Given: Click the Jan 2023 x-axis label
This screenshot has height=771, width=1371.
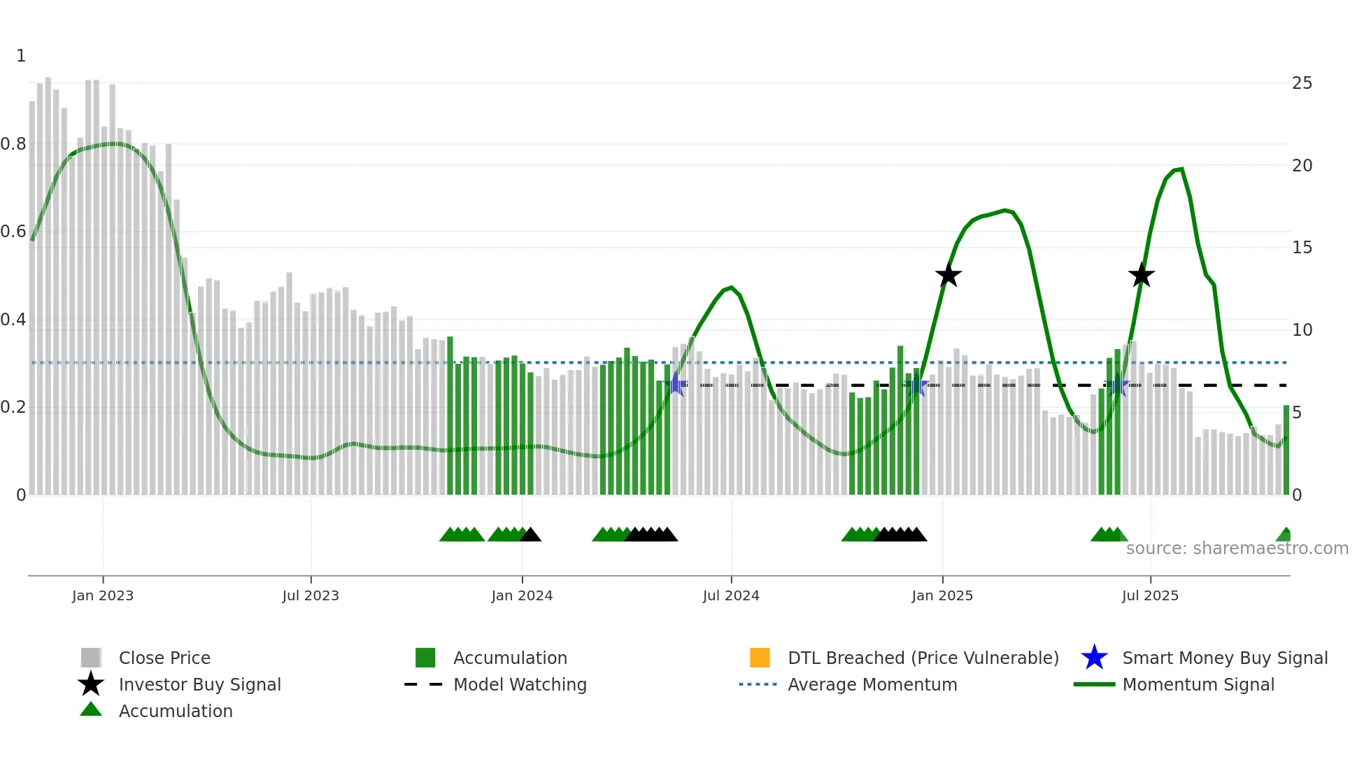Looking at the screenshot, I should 102,595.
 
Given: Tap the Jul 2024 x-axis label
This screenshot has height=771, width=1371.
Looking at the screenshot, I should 730,595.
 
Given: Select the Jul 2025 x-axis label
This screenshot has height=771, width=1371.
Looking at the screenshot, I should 1149,595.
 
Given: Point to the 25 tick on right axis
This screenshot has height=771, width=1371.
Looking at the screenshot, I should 1302,83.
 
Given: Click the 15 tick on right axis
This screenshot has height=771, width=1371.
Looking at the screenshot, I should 1302,248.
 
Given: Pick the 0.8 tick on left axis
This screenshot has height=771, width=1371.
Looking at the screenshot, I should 13,144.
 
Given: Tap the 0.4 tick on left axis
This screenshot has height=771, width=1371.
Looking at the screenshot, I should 13,320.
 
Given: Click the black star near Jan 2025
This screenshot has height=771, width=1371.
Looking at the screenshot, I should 949,276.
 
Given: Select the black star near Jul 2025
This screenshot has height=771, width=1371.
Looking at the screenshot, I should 1141,276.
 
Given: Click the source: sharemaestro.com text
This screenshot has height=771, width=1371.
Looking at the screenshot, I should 1237,549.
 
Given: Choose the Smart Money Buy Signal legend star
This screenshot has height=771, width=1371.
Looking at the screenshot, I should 1094,658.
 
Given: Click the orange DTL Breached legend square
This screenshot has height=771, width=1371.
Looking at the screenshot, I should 760,658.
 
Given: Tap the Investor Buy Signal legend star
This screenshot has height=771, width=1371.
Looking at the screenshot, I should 91,684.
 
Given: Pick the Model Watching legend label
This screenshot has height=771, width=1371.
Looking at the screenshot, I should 520,684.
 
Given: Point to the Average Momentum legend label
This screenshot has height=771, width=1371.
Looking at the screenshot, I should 872,684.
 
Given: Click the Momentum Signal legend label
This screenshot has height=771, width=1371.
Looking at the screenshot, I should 1198,684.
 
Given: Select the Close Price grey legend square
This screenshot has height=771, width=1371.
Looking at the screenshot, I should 91,658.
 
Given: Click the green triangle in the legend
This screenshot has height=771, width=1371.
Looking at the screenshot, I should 91,709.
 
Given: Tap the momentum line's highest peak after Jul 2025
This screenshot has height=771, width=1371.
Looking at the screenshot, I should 1181,169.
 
